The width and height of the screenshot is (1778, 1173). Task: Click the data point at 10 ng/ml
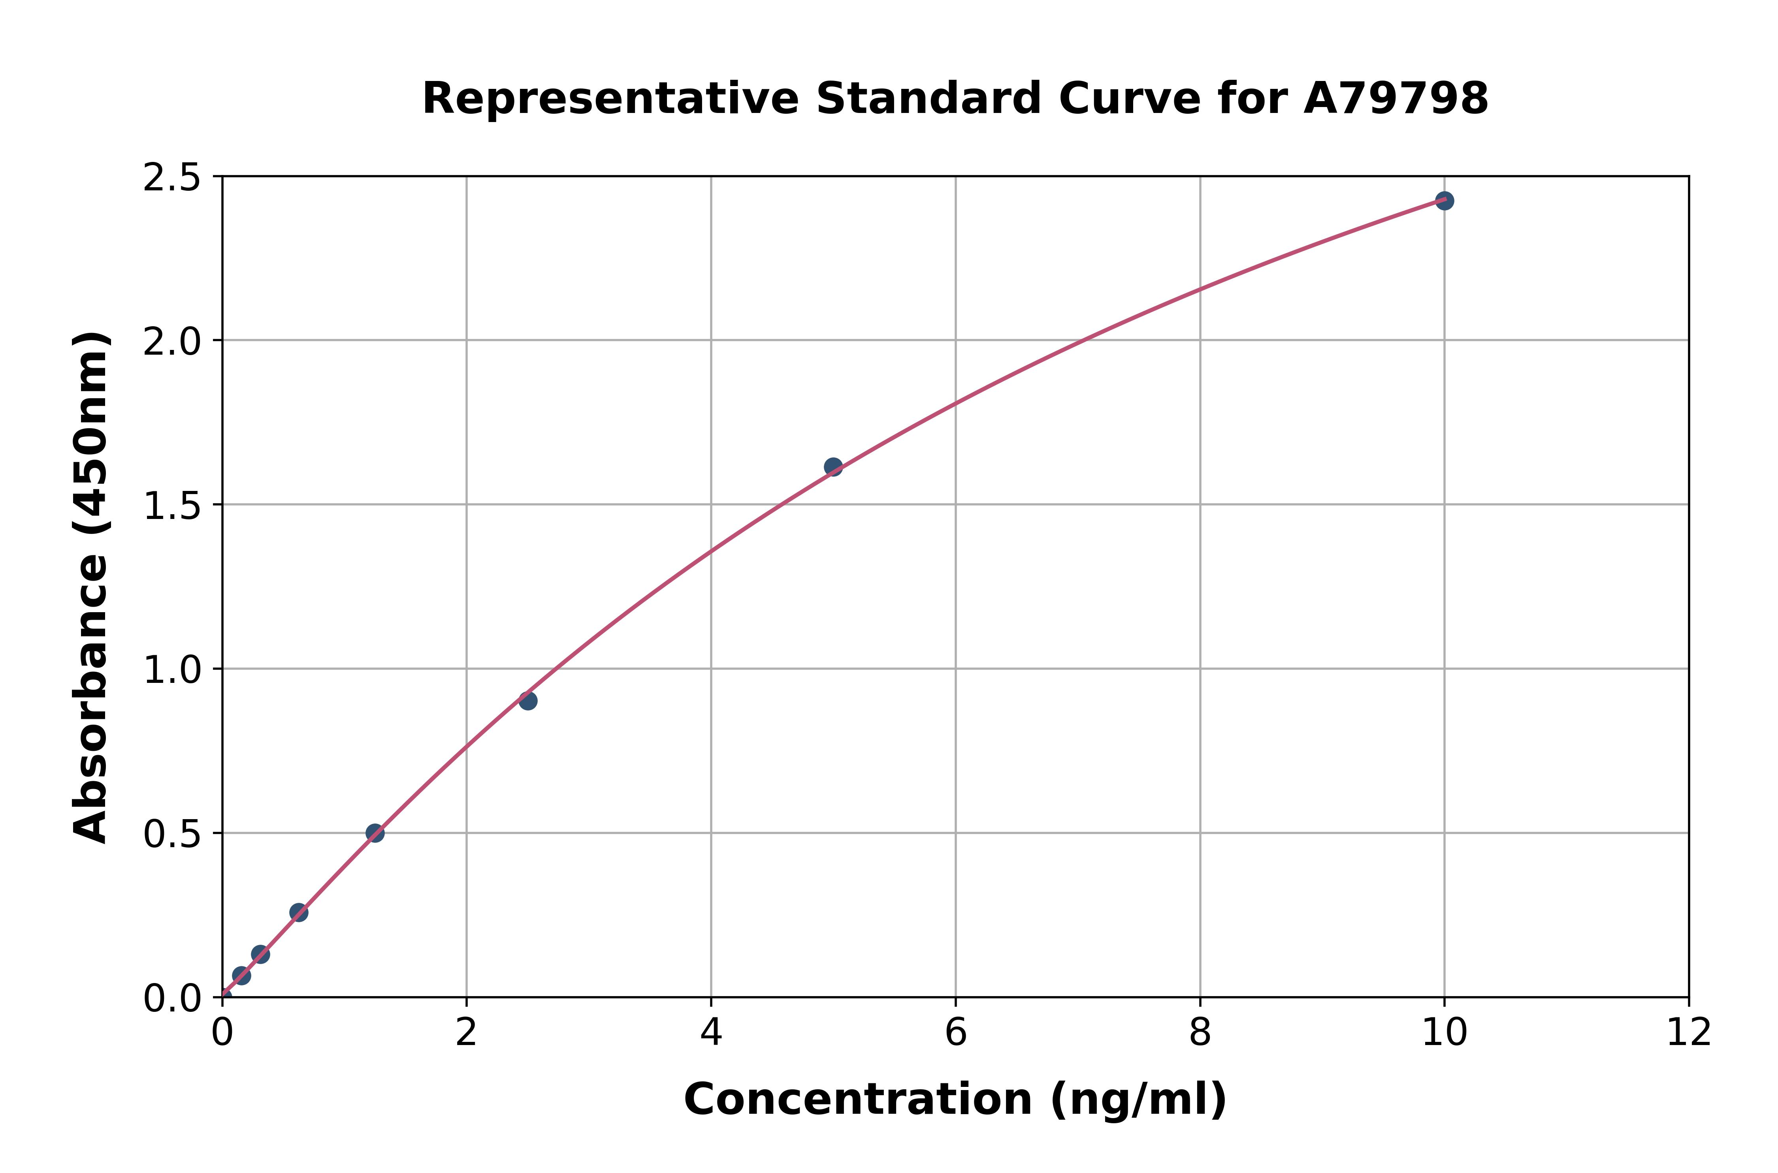[x=1444, y=201]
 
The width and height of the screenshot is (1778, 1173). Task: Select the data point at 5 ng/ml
[x=833, y=467]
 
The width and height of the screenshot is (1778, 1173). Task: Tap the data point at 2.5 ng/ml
[x=527, y=701]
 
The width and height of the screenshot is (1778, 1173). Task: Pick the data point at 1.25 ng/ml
[x=375, y=833]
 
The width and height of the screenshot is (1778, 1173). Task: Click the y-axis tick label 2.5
[x=172, y=178]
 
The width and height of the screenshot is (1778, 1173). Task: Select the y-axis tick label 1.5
[x=172, y=506]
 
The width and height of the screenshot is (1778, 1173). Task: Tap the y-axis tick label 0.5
[x=172, y=835]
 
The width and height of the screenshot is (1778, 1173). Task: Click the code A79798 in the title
[x=1396, y=99]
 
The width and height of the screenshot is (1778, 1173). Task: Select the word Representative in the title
[x=610, y=99]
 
